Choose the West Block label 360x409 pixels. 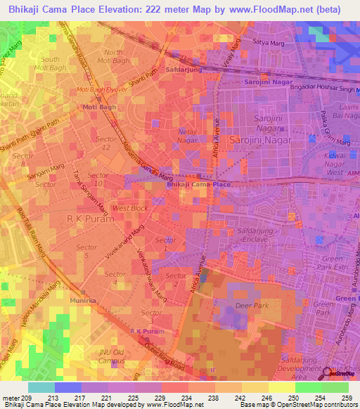(x=130, y=208)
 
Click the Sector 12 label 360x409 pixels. (x=107, y=143)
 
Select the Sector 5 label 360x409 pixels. (x=86, y=252)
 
